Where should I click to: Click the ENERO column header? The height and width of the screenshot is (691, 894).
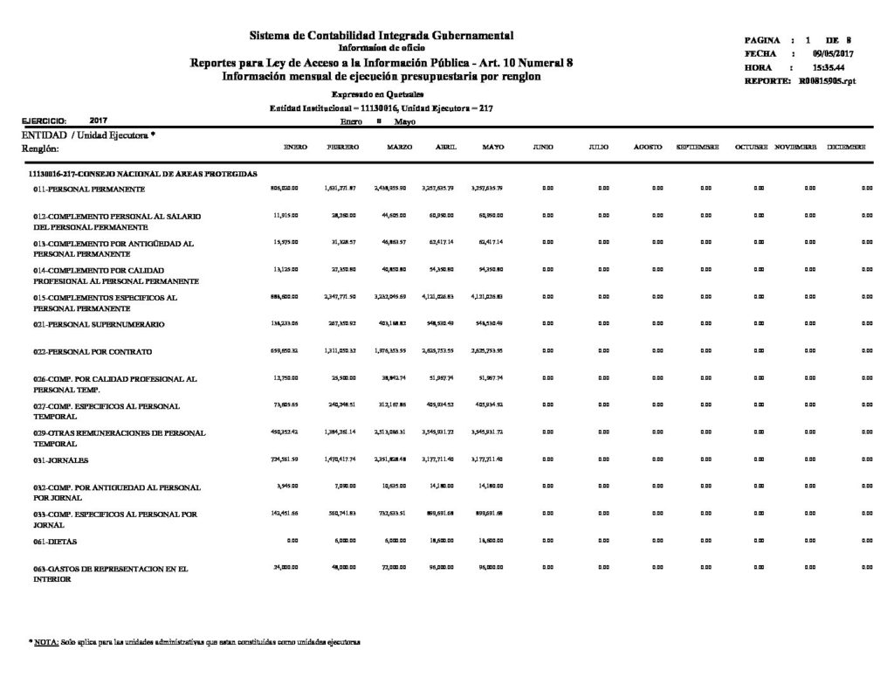(x=295, y=148)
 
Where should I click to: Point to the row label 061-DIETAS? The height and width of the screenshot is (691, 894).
(x=60, y=542)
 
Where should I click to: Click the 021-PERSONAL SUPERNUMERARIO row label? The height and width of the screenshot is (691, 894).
(x=95, y=324)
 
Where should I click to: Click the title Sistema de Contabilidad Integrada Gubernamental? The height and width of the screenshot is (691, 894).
(x=382, y=35)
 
